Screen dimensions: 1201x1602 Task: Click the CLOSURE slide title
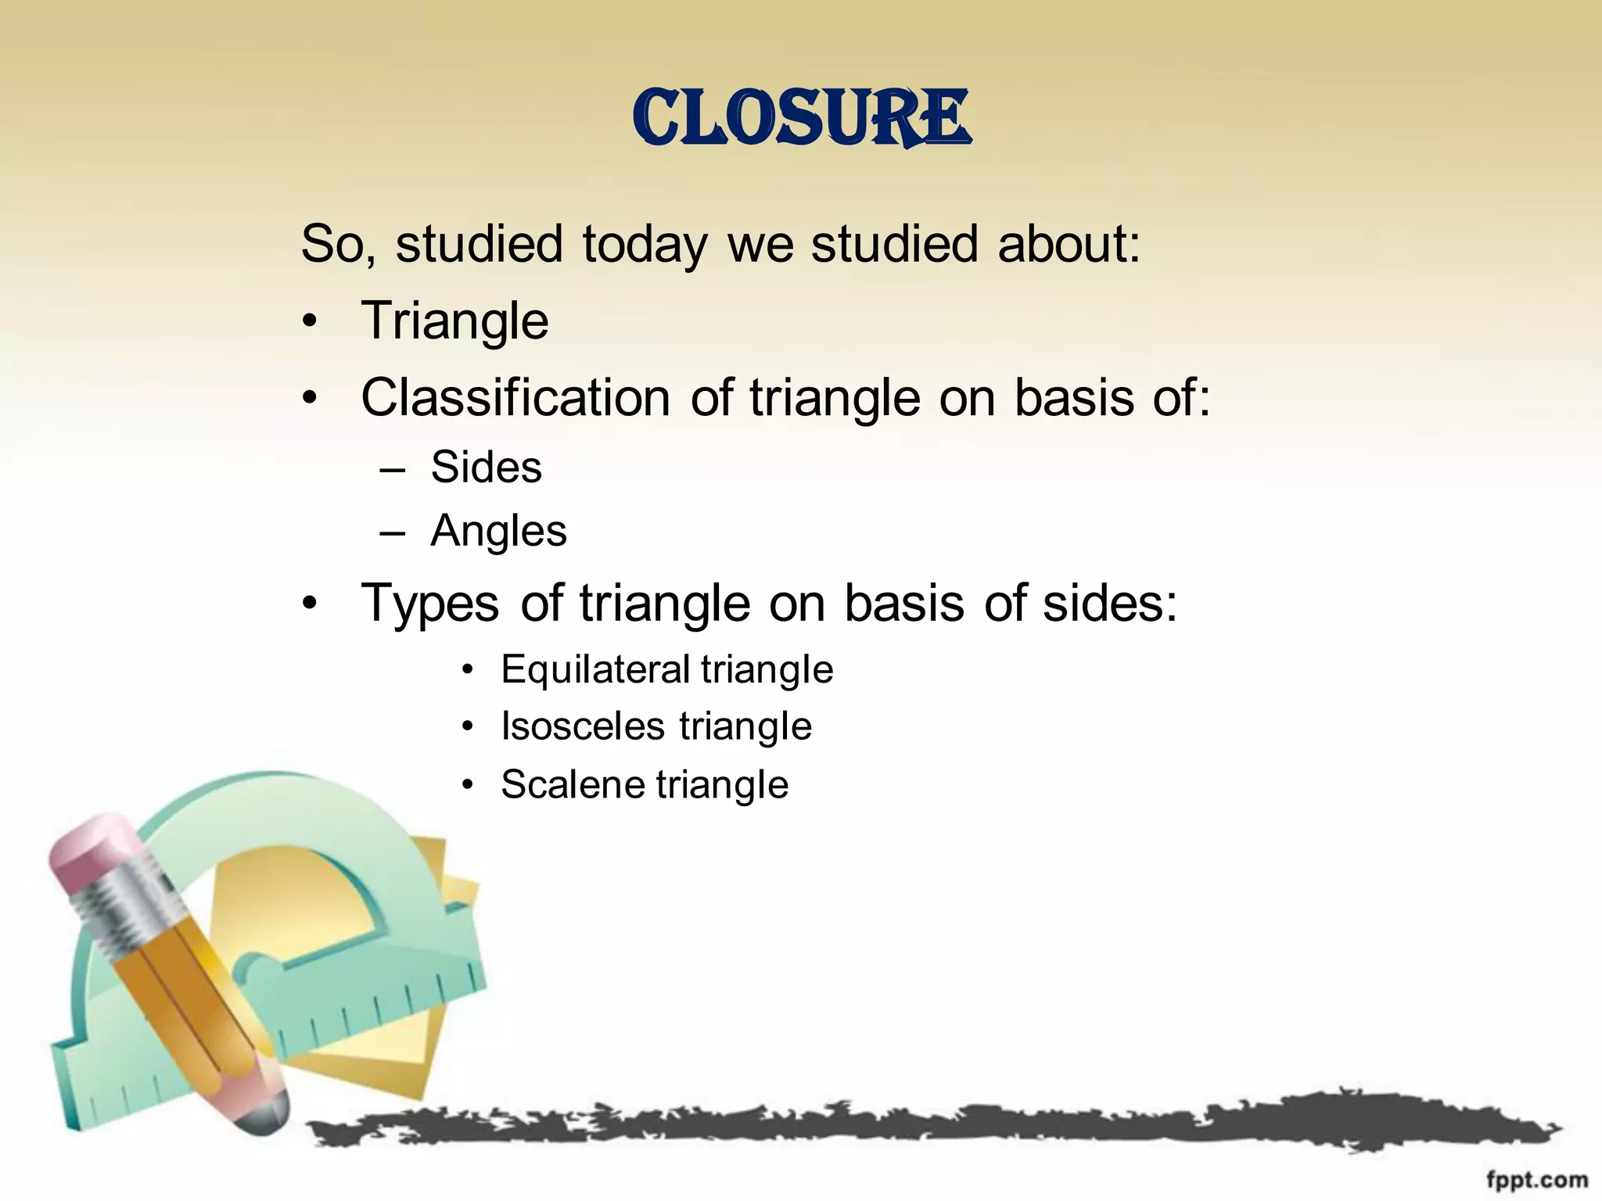pyautogui.click(x=801, y=119)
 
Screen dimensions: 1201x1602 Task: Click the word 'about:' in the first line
pyautogui.click(x=1069, y=244)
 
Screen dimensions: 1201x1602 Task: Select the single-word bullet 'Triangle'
pyautogui.click(x=454, y=321)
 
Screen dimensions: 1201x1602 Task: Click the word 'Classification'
pyautogui.click(x=515, y=398)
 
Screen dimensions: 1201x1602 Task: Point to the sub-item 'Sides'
pyautogui.click(x=486, y=468)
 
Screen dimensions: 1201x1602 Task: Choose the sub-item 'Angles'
pyautogui.click(x=498, y=532)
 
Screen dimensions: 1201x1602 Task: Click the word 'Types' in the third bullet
pyautogui.click(x=429, y=604)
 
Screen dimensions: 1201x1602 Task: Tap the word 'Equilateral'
pyautogui.click(x=595, y=670)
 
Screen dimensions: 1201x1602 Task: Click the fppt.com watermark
pyautogui.click(x=1536, y=1180)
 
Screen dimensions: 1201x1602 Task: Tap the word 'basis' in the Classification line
pyautogui.click(x=1074, y=398)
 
